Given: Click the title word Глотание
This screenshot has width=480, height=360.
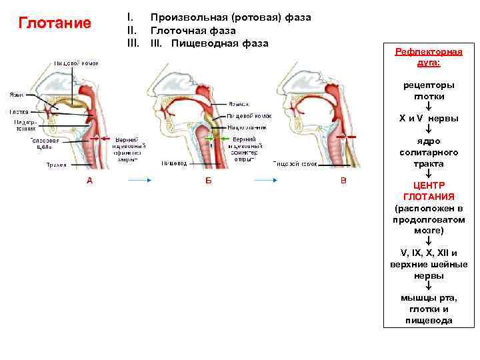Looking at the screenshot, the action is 55,24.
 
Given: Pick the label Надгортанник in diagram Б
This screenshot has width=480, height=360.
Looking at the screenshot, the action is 247,126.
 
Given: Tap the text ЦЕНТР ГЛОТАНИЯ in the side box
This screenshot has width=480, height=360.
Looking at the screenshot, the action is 429,191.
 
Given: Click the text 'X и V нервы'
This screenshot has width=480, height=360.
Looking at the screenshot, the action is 429,118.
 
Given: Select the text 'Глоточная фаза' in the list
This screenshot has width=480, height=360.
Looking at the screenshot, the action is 193,30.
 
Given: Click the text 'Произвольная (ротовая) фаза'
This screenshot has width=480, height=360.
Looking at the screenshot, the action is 231,17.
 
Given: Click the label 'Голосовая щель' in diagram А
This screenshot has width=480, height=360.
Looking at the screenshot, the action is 48,144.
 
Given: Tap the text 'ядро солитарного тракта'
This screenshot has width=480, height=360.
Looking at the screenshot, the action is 429,153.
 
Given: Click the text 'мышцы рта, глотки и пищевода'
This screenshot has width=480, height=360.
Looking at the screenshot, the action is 429,309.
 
